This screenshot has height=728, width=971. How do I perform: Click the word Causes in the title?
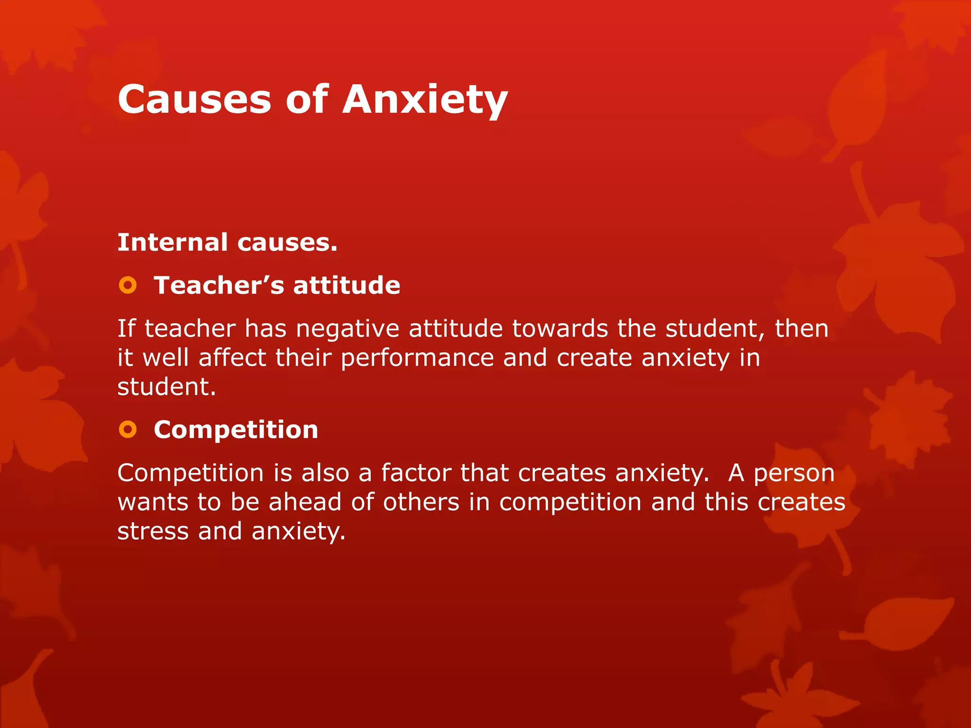point(194,100)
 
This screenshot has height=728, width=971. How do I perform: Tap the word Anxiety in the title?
point(425,100)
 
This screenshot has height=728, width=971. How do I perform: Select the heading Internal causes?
point(227,242)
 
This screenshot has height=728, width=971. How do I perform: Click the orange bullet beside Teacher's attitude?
point(128,285)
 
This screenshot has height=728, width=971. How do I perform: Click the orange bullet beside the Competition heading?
point(128,430)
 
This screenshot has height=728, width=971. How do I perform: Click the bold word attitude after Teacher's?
point(347,285)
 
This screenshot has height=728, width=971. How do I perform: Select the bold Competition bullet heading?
point(236,430)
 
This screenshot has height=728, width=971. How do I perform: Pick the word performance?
point(417,358)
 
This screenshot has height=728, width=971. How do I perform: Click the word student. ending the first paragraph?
point(166,387)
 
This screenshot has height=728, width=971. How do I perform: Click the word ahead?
point(305,502)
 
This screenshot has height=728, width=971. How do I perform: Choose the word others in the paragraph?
point(421,502)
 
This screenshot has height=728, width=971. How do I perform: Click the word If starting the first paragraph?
point(126,328)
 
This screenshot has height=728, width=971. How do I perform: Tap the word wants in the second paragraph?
point(153,502)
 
